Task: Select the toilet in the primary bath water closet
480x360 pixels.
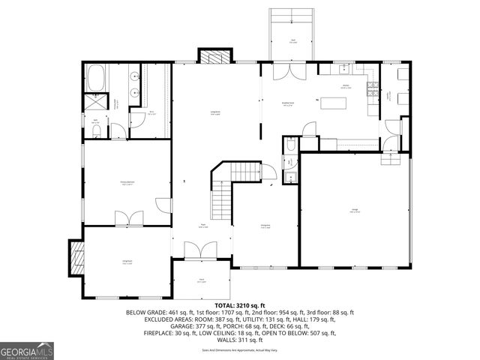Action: (x=97, y=131)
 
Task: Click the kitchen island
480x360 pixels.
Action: (x=331, y=103)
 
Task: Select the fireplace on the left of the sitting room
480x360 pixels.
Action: (x=76, y=258)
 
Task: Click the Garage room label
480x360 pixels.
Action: (x=354, y=211)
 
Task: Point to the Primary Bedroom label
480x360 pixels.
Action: (x=127, y=182)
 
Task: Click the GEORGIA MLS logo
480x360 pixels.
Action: (x=26, y=350)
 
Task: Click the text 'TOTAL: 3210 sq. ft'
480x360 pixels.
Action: (x=240, y=305)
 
